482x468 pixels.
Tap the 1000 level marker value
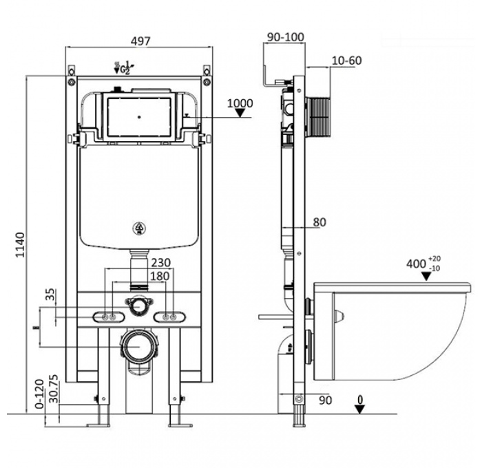(240, 104)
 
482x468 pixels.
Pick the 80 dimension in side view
(319, 222)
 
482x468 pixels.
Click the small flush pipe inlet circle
(138, 304)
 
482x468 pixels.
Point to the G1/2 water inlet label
(125, 68)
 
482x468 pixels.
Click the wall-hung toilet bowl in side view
(392, 330)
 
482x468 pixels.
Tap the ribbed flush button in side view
(319, 114)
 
